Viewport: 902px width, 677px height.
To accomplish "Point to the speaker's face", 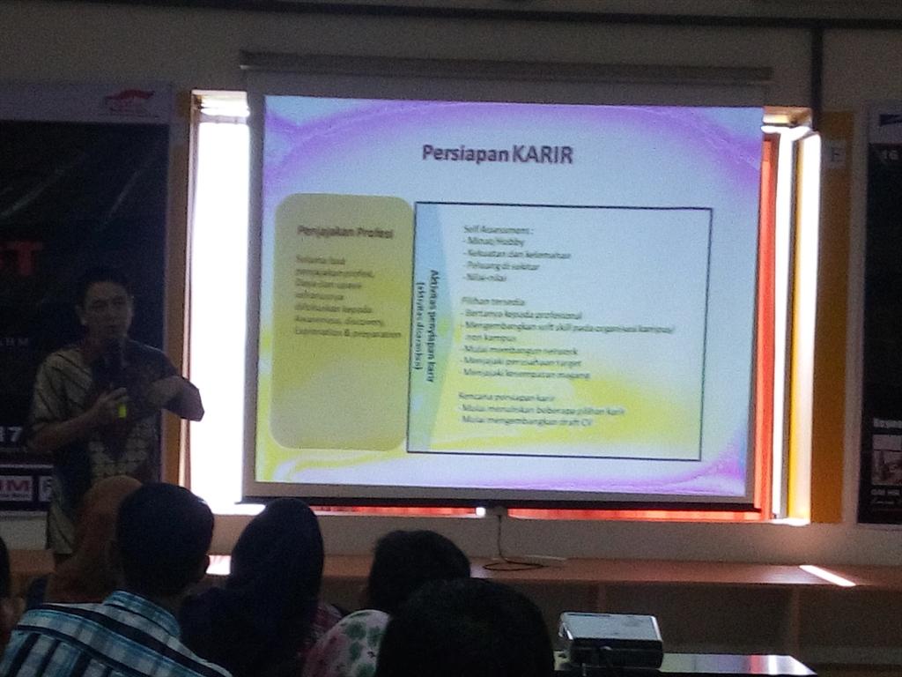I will click(x=107, y=309).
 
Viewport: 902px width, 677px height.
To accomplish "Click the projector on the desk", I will click(x=610, y=639).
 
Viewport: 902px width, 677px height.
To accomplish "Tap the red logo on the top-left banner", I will click(x=129, y=101).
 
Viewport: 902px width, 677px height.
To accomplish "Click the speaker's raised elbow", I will click(x=192, y=407).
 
